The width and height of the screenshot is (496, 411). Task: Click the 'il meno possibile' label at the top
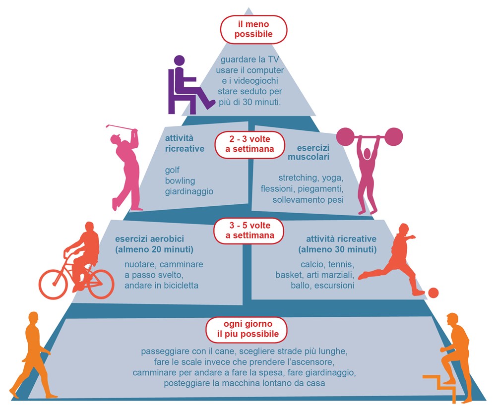click(253, 29)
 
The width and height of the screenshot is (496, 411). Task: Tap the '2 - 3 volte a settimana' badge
click(249, 144)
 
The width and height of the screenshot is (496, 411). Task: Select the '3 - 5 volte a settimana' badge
click(249, 231)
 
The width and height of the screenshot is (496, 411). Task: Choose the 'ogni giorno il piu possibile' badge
click(248, 329)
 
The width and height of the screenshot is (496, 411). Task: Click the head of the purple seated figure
click(180, 60)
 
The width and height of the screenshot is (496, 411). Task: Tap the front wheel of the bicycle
click(54, 284)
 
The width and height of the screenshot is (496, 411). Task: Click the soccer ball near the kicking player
click(433, 293)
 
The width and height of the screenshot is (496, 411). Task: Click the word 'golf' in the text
click(172, 171)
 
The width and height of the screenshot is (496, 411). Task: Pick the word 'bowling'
click(180, 181)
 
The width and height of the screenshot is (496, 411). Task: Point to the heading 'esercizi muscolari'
click(309, 152)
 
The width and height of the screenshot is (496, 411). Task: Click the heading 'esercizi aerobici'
click(149, 239)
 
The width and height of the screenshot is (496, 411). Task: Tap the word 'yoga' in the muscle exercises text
click(332, 178)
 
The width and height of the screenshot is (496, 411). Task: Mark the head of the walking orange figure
click(33, 317)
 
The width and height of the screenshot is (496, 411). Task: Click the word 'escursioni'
click(334, 286)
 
